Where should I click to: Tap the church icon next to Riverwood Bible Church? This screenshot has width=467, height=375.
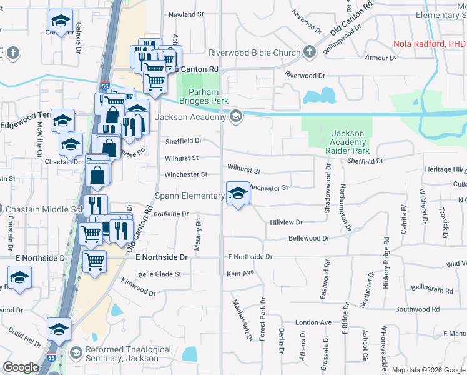point(310,52)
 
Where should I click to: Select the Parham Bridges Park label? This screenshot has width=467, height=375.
point(204,96)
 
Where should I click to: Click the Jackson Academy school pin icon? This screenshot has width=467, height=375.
point(235,116)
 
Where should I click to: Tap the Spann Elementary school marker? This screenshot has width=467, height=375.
point(237,195)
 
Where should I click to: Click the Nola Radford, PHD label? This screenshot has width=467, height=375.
point(430,44)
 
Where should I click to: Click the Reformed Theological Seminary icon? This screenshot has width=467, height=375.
point(76,352)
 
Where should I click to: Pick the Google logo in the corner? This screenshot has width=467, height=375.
point(21,367)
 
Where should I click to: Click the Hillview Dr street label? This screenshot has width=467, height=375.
point(286,222)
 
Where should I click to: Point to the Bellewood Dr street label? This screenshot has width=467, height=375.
point(308,238)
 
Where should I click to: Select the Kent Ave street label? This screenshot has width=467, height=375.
point(240,273)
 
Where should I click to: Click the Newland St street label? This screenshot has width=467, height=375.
point(186,14)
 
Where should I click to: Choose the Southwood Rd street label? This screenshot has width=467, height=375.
point(422,309)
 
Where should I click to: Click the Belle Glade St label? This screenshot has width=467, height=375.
point(159,274)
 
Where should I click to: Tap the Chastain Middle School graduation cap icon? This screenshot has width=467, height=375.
point(2,209)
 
